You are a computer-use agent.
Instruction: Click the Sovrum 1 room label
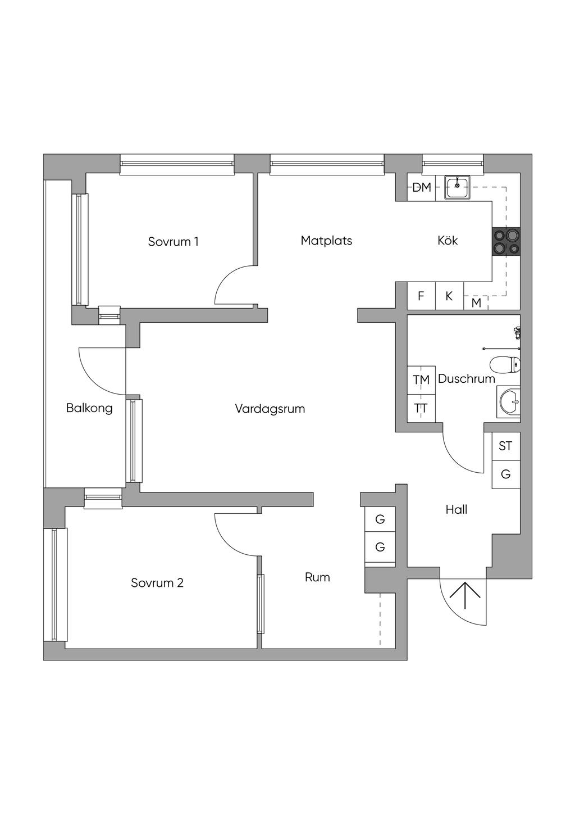coord(173,242)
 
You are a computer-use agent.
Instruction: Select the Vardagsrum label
coord(270,409)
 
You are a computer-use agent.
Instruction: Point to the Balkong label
coord(89,408)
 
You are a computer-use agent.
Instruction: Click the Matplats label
coord(326,241)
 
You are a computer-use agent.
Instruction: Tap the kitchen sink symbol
coord(458,187)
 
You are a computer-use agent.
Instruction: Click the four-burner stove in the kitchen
coord(506,241)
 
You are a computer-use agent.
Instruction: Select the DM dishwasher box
coord(422,187)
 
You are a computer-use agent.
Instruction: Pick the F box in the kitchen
coord(421,296)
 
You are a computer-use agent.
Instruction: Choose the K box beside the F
coord(449,296)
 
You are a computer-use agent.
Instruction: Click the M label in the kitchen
coord(476,302)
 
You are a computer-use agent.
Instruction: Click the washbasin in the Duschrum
coord(508,402)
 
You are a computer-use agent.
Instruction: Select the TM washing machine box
coord(421,380)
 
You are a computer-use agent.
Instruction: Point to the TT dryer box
coord(421,408)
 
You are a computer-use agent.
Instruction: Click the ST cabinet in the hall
coord(506,446)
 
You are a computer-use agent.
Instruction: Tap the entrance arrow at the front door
coord(465,595)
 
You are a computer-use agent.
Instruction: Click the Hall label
coord(457,509)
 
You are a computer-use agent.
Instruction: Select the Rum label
coord(317,577)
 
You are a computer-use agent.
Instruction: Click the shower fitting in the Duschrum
coord(517,332)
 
